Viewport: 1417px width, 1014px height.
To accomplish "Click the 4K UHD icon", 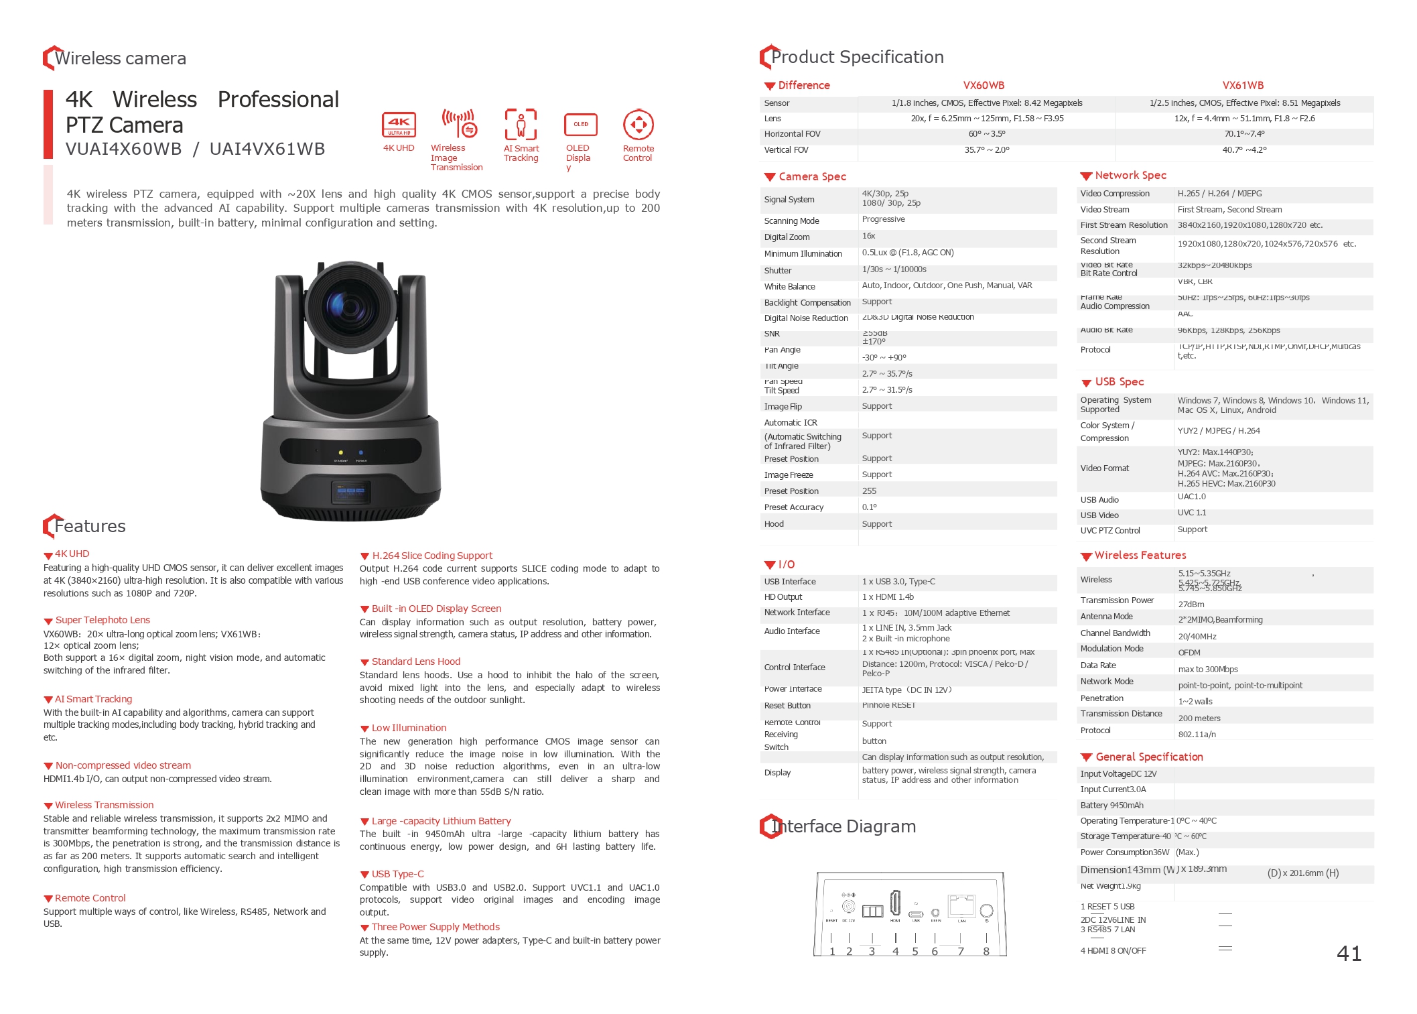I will point(399,125).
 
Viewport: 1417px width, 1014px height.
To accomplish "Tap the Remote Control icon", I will point(638,125).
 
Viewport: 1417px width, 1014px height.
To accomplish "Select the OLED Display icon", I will point(580,125).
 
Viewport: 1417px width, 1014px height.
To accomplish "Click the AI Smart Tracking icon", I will point(521,125).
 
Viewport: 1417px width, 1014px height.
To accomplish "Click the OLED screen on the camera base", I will point(350,492).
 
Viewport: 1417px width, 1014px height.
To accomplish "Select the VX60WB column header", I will point(984,86).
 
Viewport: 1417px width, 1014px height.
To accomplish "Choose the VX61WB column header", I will point(1243,86).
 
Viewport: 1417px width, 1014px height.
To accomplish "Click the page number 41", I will point(1349,953).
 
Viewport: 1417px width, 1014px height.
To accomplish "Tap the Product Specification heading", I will point(857,58).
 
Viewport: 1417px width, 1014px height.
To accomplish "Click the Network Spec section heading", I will point(1130,176).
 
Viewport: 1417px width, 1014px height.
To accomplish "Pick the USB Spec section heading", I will point(1119,382).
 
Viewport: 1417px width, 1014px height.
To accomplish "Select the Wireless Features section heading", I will point(1140,556).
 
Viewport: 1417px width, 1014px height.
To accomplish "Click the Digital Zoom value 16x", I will point(868,236).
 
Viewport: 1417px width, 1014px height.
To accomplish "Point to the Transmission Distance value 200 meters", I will point(1199,718).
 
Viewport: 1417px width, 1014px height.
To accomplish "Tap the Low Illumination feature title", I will point(409,728).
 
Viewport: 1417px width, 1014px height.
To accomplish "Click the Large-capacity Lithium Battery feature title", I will point(441,821).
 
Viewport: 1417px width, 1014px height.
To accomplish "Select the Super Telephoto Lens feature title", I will point(103,620).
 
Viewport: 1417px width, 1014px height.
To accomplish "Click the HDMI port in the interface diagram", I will point(895,903).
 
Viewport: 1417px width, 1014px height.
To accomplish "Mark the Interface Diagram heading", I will point(844,826).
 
